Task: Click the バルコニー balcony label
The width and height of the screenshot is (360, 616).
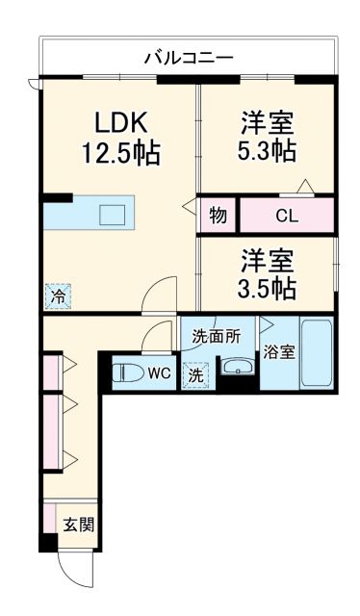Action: pyautogui.click(x=188, y=58)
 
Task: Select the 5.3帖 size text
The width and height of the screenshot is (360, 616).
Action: pyautogui.click(x=267, y=151)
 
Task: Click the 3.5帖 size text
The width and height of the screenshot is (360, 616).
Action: pyautogui.click(x=267, y=288)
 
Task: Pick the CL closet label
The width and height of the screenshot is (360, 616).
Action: pyautogui.click(x=287, y=216)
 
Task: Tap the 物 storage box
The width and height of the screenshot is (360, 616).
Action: pyautogui.click(x=219, y=216)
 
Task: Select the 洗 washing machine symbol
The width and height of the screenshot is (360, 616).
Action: pyautogui.click(x=195, y=376)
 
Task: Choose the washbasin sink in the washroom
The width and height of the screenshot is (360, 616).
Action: pyautogui.click(x=237, y=368)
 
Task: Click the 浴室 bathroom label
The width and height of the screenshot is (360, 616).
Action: pyautogui.click(x=281, y=351)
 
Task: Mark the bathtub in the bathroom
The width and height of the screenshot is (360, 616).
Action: pyautogui.click(x=316, y=353)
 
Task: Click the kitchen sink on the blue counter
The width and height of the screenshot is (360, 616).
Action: pyautogui.click(x=113, y=214)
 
